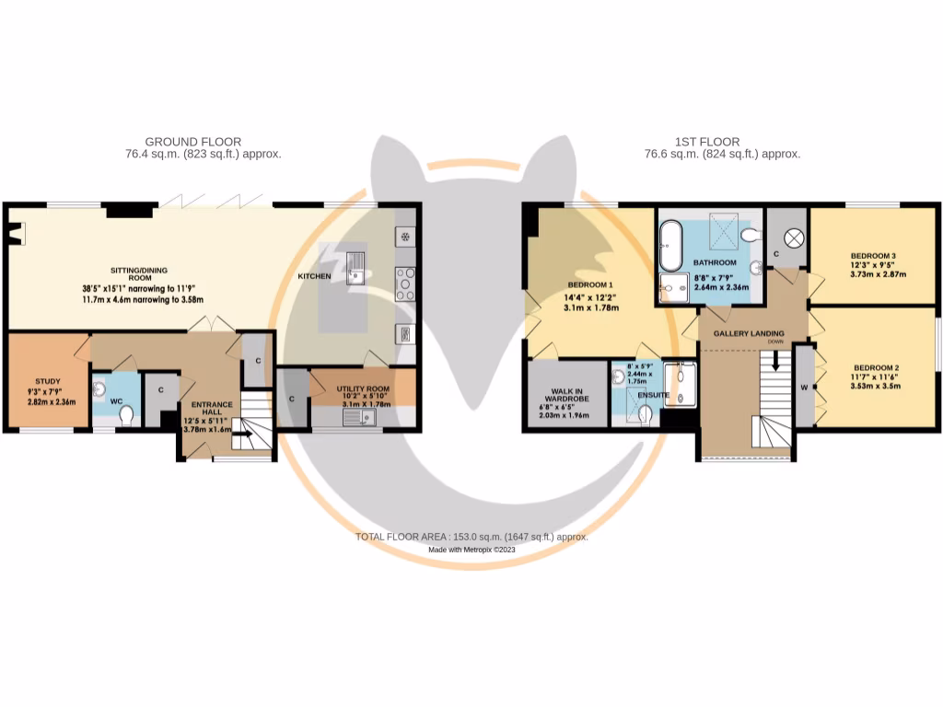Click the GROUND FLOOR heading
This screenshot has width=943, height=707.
[203, 142]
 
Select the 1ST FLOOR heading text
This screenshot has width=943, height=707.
[706, 142]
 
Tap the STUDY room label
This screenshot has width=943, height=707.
[47, 381]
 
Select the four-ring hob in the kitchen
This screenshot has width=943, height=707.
[404, 284]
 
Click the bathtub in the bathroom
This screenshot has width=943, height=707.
[669, 241]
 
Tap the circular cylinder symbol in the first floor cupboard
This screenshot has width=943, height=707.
[794, 237]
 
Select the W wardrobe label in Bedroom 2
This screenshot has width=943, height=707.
[804, 388]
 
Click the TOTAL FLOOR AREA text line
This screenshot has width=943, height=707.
[471, 537]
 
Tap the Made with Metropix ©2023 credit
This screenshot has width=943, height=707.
[471, 550]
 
